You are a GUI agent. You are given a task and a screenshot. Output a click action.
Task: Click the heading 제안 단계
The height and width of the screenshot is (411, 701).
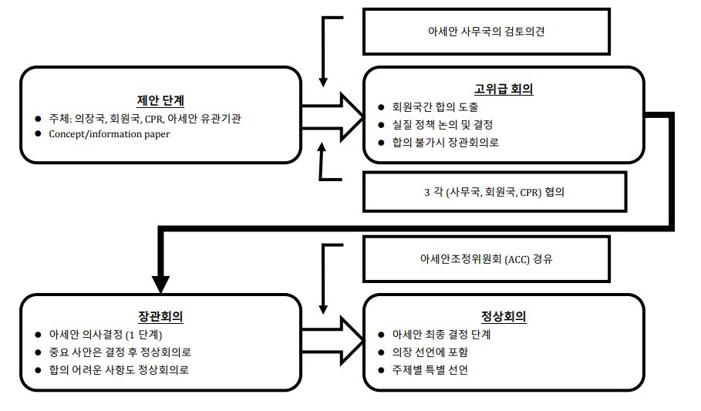point(160,100)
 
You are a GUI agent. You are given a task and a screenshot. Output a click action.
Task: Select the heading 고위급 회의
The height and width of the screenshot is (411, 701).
point(504,89)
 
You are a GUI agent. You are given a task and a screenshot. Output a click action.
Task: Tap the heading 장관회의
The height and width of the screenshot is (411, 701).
point(160,317)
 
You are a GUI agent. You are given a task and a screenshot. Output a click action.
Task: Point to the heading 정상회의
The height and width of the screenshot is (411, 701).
point(504,317)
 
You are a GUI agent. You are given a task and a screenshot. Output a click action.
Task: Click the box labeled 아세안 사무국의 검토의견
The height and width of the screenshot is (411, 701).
point(487,32)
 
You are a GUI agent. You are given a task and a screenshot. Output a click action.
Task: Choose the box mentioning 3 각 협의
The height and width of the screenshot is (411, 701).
point(494,192)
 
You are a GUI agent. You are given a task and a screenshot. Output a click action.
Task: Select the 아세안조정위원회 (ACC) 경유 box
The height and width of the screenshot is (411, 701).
point(487,259)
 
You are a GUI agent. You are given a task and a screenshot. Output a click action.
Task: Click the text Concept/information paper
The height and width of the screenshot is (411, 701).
point(110,133)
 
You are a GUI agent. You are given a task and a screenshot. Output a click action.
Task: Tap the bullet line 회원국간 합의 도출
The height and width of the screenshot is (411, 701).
point(435,107)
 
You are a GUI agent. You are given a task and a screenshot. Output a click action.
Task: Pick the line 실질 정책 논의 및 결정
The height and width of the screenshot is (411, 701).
point(442,125)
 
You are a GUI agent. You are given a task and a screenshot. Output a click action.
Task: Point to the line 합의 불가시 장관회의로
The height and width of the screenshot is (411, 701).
point(445,143)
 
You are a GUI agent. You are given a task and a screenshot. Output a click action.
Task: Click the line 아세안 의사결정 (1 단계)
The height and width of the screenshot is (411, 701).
point(106,335)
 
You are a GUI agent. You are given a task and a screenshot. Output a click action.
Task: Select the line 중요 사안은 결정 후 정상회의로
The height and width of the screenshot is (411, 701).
point(120,352)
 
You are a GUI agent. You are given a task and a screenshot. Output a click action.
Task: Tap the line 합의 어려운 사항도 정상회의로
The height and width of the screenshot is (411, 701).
point(119,370)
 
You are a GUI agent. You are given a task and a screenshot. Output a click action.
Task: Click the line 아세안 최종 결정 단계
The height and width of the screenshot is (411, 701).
point(441,335)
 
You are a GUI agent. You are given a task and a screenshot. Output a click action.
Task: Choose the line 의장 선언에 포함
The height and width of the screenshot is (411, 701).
point(430,352)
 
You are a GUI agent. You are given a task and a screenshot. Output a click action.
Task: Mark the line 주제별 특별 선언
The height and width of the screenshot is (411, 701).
point(430,370)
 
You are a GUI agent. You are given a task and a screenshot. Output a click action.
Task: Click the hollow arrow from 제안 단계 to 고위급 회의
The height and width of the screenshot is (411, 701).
point(333,117)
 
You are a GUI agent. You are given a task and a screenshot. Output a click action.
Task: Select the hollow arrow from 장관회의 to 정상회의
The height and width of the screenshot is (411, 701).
point(333,341)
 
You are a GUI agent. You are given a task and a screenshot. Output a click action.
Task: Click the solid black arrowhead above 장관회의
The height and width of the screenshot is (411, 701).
point(160,285)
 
